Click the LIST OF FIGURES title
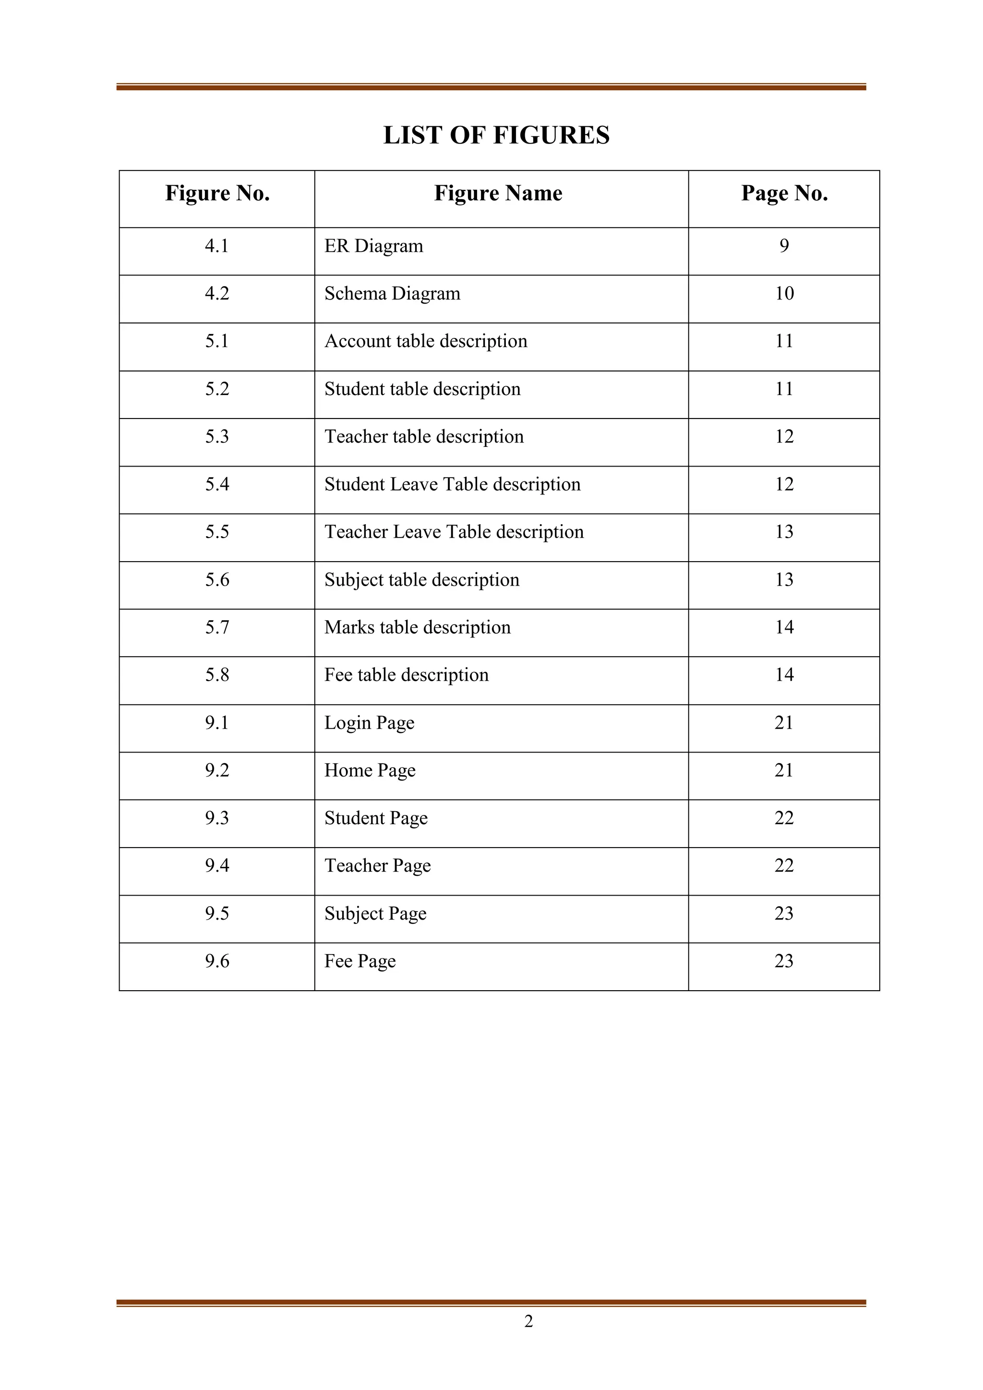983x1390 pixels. [496, 135]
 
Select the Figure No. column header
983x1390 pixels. [217, 193]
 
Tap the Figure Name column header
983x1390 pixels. [498, 193]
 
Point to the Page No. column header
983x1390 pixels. [784, 193]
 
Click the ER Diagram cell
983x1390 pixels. [373, 246]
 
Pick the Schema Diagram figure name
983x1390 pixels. [392, 294]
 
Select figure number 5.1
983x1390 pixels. [216, 341]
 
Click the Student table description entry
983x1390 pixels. [422, 389]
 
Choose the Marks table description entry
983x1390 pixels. [417, 627]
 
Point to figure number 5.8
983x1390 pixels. [216, 674]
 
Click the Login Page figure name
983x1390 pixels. [369, 723]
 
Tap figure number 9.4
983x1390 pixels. [216, 866]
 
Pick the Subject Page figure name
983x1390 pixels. [375, 913]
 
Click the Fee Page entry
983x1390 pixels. [360, 961]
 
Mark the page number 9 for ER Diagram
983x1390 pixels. [784, 246]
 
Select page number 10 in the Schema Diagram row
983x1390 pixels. [784, 294]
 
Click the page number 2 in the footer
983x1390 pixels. [528, 1321]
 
